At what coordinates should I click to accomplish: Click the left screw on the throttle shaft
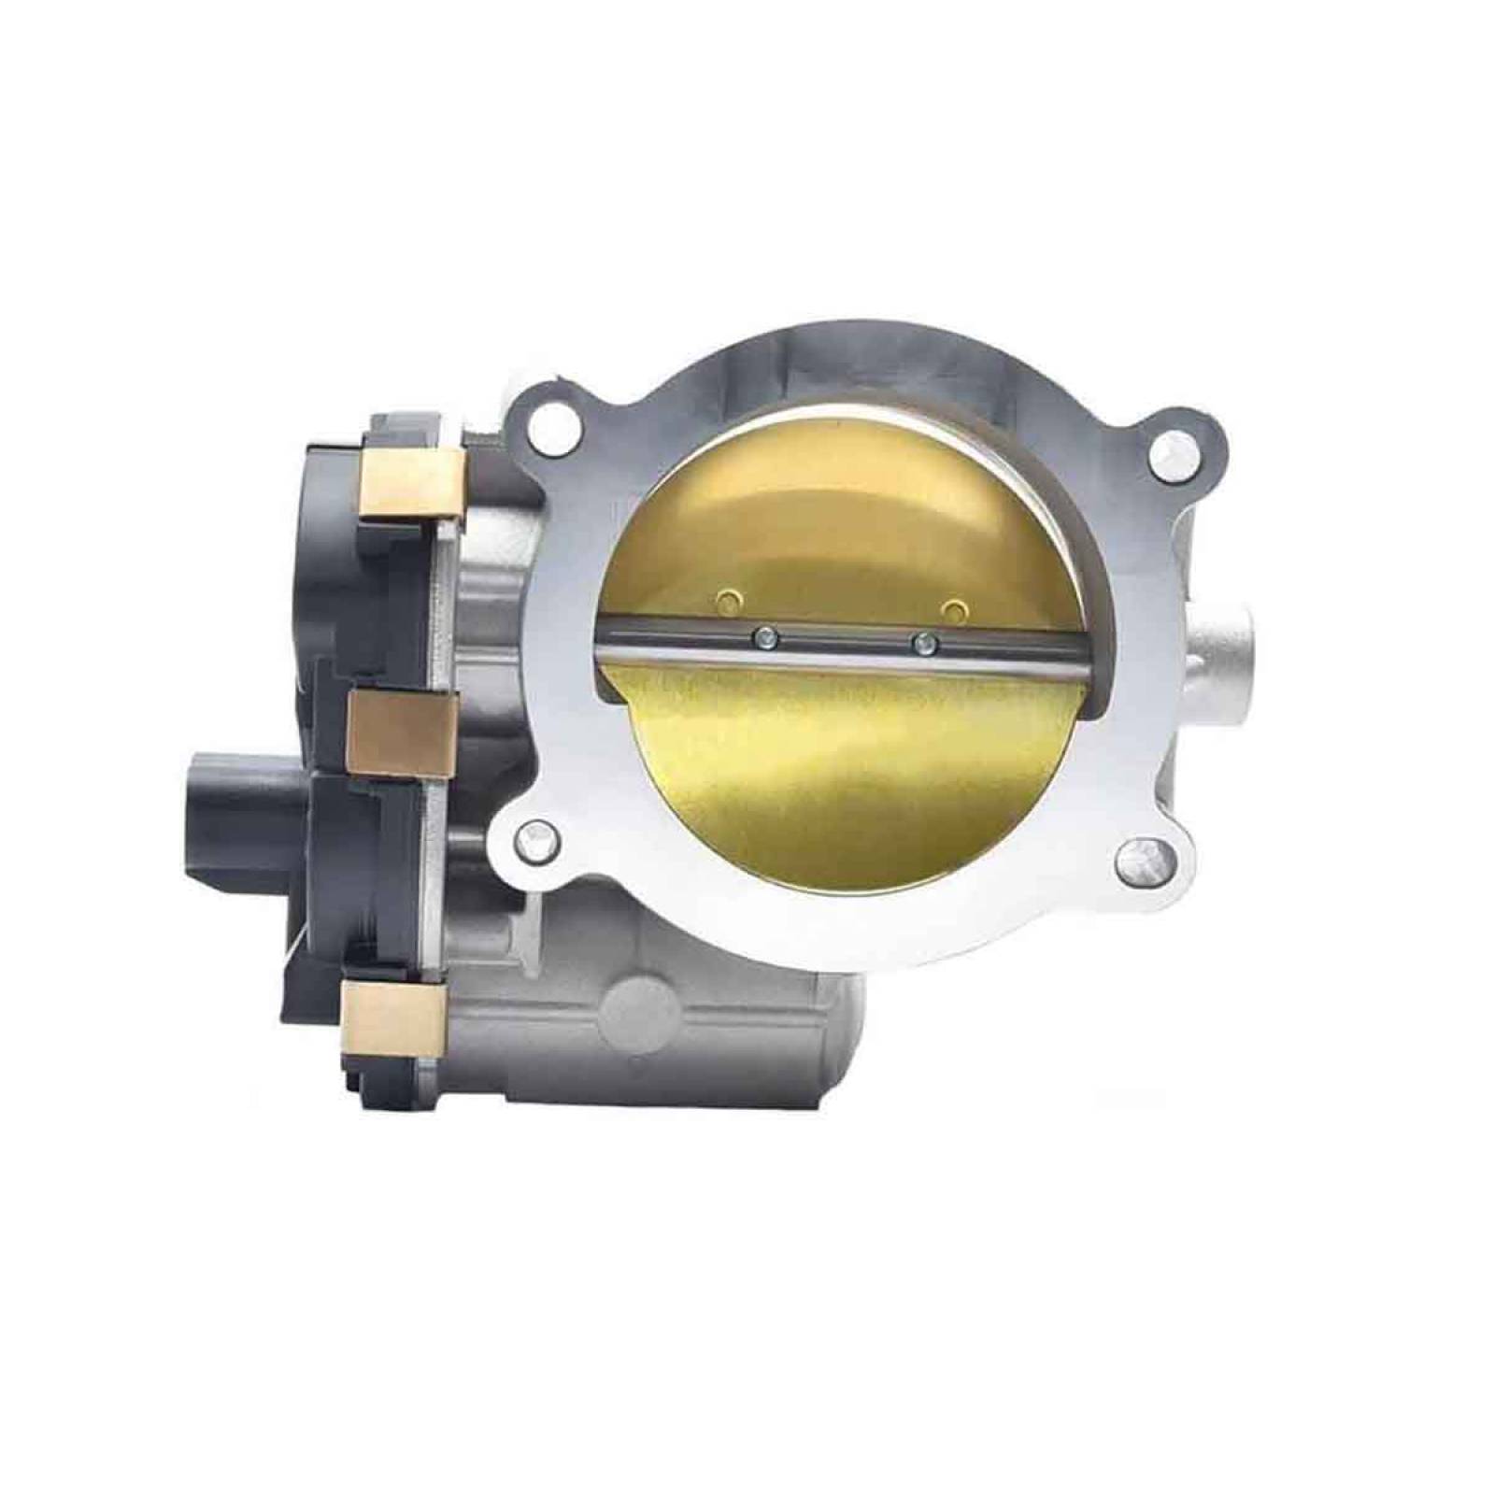[x=766, y=638]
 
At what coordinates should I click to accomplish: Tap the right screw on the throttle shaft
[x=925, y=642]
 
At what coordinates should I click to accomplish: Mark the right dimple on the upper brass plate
[x=953, y=609]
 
